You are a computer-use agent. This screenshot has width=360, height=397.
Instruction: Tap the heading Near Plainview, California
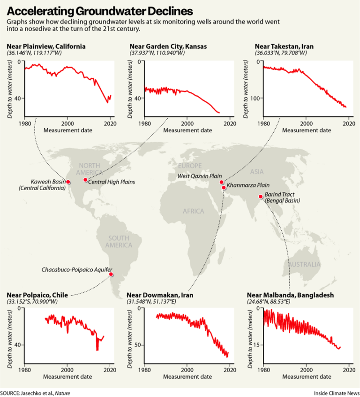pos(46,46)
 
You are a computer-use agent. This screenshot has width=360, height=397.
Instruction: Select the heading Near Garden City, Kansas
pos(168,46)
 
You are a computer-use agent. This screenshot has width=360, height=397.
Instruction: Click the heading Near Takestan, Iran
pos(284,46)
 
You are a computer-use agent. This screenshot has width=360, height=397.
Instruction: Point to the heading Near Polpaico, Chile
pos(37,295)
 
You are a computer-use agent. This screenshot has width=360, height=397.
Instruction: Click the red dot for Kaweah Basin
pos(68,182)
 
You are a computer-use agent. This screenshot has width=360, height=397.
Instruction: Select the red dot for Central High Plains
pos(85,180)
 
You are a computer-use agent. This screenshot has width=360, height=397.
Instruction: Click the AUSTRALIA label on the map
pos(304,265)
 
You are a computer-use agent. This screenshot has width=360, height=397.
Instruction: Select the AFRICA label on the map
pos(194,211)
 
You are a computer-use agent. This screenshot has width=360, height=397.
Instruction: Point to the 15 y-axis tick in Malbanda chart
pos(257,345)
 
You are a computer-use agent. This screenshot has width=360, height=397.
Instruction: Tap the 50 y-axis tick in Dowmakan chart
pos(137,345)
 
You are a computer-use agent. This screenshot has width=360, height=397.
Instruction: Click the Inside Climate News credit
pos(337,392)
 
